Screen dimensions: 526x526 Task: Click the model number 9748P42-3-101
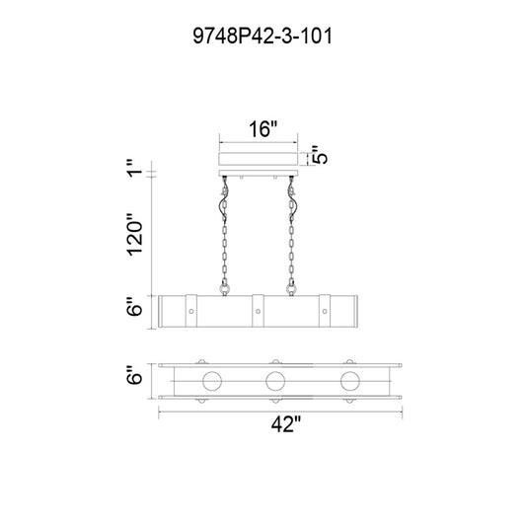[x=263, y=36]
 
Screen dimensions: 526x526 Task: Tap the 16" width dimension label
[x=263, y=129]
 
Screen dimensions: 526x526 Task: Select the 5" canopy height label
[x=319, y=155]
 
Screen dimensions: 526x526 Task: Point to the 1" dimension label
[x=135, y=169]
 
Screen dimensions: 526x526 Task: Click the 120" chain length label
[x=135, y=235]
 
